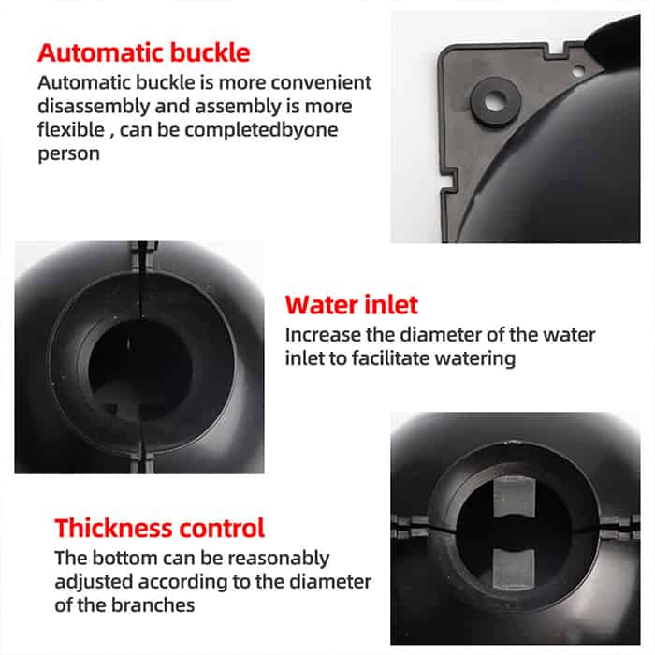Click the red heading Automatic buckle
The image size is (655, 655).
pyautogui.click(x=144, y=53)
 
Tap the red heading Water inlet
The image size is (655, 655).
pyautogui.click(x=351, y=305)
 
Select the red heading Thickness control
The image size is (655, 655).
pyautogui.click(x=160, y=528)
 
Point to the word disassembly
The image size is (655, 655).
pyautogui.click(x=94, y=106)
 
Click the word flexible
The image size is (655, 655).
pyautogui.click(x=71, y=129)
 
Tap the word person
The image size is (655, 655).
pyautogui.click(x=68, y=154)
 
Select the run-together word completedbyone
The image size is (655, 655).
pyautogui.click(x=261, y=130)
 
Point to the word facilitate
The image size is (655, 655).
pyautogui.click(x=390, y=358)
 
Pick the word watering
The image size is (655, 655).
pyautogui.click(x=475, y=358)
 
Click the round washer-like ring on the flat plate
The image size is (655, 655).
pyautogui.click(x=495, y=101)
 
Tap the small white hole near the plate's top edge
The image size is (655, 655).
pyautogui.click(x=578, y=71)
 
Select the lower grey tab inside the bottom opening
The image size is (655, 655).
pyautogui.click(x=514, y=569)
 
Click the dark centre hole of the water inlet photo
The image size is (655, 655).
pyautogui.click(x=140, y=370)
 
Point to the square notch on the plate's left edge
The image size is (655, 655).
pyautogui.click(x=448, y=180)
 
